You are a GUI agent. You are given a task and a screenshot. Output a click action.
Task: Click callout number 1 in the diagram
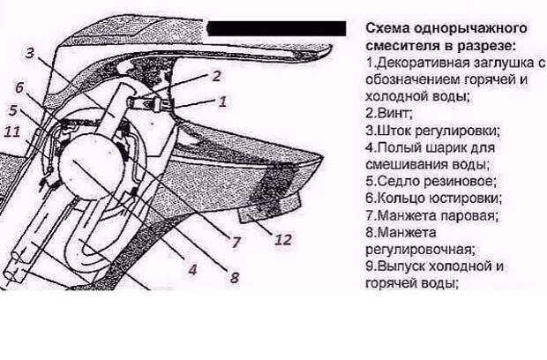222,101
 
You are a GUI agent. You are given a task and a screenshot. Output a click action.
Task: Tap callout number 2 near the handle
216,77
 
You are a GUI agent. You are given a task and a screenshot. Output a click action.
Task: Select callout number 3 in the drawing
30,53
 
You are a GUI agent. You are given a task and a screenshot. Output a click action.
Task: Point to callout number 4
192,269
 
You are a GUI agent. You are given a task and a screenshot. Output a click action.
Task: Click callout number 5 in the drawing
13,110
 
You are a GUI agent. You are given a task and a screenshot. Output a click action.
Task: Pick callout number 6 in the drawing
19,87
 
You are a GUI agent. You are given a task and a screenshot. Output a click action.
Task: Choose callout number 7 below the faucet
236,242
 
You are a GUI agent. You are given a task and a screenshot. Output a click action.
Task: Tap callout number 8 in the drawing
235,277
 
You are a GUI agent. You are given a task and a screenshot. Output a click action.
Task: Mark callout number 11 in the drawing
12,131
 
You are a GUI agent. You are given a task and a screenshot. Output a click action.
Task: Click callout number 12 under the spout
283,240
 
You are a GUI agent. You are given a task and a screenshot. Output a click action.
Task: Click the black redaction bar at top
277,28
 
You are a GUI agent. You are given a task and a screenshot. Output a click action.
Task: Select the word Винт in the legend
393,113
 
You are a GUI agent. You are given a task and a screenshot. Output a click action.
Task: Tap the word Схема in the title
387,28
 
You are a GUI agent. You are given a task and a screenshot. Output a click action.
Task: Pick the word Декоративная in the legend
424,63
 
